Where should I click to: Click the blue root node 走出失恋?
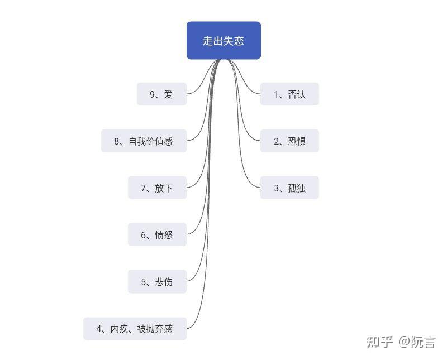(223, 41)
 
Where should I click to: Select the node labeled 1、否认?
(289, 94)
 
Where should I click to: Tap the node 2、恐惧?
(289, 141)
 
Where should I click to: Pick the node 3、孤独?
(289, 188)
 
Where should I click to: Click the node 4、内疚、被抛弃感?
(135, 329)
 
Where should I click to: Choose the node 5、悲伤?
(156, 282)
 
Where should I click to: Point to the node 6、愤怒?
(156, 235)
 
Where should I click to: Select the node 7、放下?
(156, 188)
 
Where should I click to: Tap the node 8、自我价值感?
(144, 141)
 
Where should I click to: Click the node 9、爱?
(161, 94)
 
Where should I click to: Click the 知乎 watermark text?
(380, 342)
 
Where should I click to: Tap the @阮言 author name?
(417, 342)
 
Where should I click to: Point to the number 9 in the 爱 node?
(152, 95)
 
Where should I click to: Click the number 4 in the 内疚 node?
(99, 329)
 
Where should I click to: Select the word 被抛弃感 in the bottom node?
(155, 329)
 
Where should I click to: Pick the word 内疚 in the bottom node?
(118, 329)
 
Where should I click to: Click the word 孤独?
(297, 189)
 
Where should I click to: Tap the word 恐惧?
(297, 142)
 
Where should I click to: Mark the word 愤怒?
(164, 236)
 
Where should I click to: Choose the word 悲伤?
(164, 282)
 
